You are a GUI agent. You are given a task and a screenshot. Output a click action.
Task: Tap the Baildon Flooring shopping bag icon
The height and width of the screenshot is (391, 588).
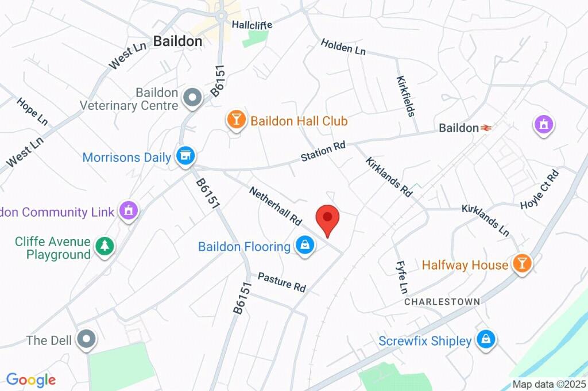[x=304, y=246]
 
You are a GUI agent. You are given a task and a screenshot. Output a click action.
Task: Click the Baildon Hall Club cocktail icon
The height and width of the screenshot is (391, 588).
[x=235, y=120]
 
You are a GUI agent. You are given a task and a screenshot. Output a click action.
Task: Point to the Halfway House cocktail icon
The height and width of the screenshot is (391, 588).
[x=523, y=264]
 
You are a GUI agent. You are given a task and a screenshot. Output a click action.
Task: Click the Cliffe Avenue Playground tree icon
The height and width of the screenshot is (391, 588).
[x=105, y=247]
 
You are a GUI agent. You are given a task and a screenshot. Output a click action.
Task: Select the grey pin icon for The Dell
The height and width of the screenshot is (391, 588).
[x=87, y=340]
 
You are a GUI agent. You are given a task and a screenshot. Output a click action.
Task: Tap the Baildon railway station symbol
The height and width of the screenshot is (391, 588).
[x=486, y=128]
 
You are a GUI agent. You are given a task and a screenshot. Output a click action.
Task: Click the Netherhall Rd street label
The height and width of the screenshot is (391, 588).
[x=276, y=205]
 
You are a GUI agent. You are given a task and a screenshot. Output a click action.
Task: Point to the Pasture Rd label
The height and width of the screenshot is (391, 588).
[x=281, y=282]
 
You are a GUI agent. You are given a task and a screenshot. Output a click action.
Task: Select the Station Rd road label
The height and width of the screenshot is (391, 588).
[x=323, y=151]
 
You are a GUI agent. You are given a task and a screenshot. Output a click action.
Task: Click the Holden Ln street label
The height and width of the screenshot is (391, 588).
[x=343, y=47]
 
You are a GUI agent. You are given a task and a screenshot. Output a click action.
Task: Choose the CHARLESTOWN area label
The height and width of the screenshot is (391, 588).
[x=442, y=301]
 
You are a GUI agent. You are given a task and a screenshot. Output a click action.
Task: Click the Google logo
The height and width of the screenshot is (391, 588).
[x=31, y=379]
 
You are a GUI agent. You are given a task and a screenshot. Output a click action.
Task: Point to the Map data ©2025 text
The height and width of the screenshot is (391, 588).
[x=549, y=384]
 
